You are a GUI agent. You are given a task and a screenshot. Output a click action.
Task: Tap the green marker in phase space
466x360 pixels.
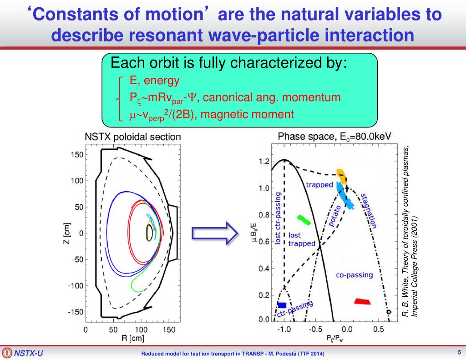coord(304,220)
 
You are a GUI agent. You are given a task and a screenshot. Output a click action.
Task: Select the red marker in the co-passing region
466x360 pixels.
coord(362,301)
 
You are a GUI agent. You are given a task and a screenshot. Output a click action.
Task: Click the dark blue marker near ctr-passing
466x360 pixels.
coord(282,305)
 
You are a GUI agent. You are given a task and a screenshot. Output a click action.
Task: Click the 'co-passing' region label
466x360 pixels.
coord(355,275)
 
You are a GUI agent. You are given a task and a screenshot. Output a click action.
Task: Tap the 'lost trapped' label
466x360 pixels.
coord(301,239)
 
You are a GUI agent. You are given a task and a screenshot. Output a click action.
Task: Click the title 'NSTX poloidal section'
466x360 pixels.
coord(132,136)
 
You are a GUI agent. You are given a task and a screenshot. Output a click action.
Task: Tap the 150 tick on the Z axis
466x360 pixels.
coord(77,155)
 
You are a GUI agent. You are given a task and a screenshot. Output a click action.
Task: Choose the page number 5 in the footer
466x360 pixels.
coord(459,352)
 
